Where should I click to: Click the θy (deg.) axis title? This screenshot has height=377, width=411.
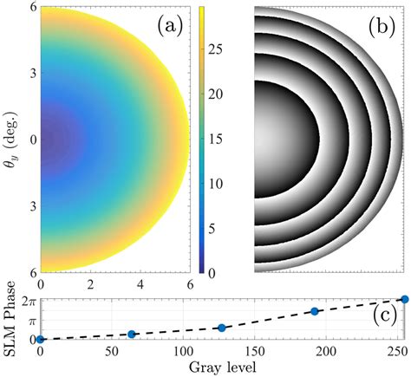tap(10, 139)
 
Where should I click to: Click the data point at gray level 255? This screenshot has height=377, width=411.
tap(404, 299)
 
